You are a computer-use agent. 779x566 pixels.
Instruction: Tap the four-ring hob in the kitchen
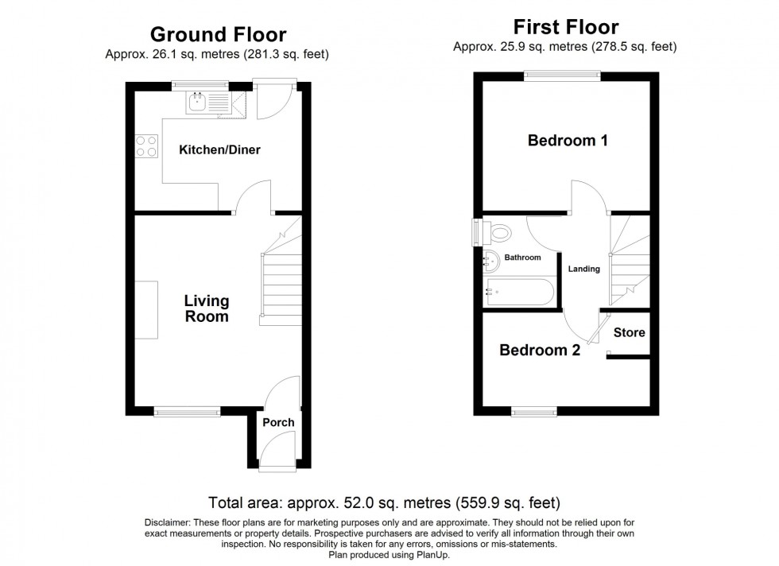point(146,146)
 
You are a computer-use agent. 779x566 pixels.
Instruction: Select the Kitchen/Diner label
point(219,149)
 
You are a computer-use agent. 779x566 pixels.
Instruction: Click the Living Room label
point(207,308)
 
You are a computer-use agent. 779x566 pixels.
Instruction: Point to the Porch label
point(278,422)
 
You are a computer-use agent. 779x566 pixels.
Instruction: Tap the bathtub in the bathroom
point(521,292)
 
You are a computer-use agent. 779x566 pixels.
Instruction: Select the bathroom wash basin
point(491,262)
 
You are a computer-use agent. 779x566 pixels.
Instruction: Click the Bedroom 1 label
point(568,141)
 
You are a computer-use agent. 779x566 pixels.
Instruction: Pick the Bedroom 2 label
point(540,351)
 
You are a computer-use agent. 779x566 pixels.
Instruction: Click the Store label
point(629,332)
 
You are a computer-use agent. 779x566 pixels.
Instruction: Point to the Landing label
point(583,269)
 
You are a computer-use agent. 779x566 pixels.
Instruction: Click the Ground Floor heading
point(218,34)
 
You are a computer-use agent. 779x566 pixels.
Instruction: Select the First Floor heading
point(566,27)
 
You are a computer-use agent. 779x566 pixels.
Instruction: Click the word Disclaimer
point(166,523)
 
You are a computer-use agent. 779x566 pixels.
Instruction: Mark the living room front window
point(187,411)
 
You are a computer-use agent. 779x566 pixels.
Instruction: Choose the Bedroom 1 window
point(563,76)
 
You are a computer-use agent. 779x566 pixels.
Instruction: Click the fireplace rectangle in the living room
point(146,310)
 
